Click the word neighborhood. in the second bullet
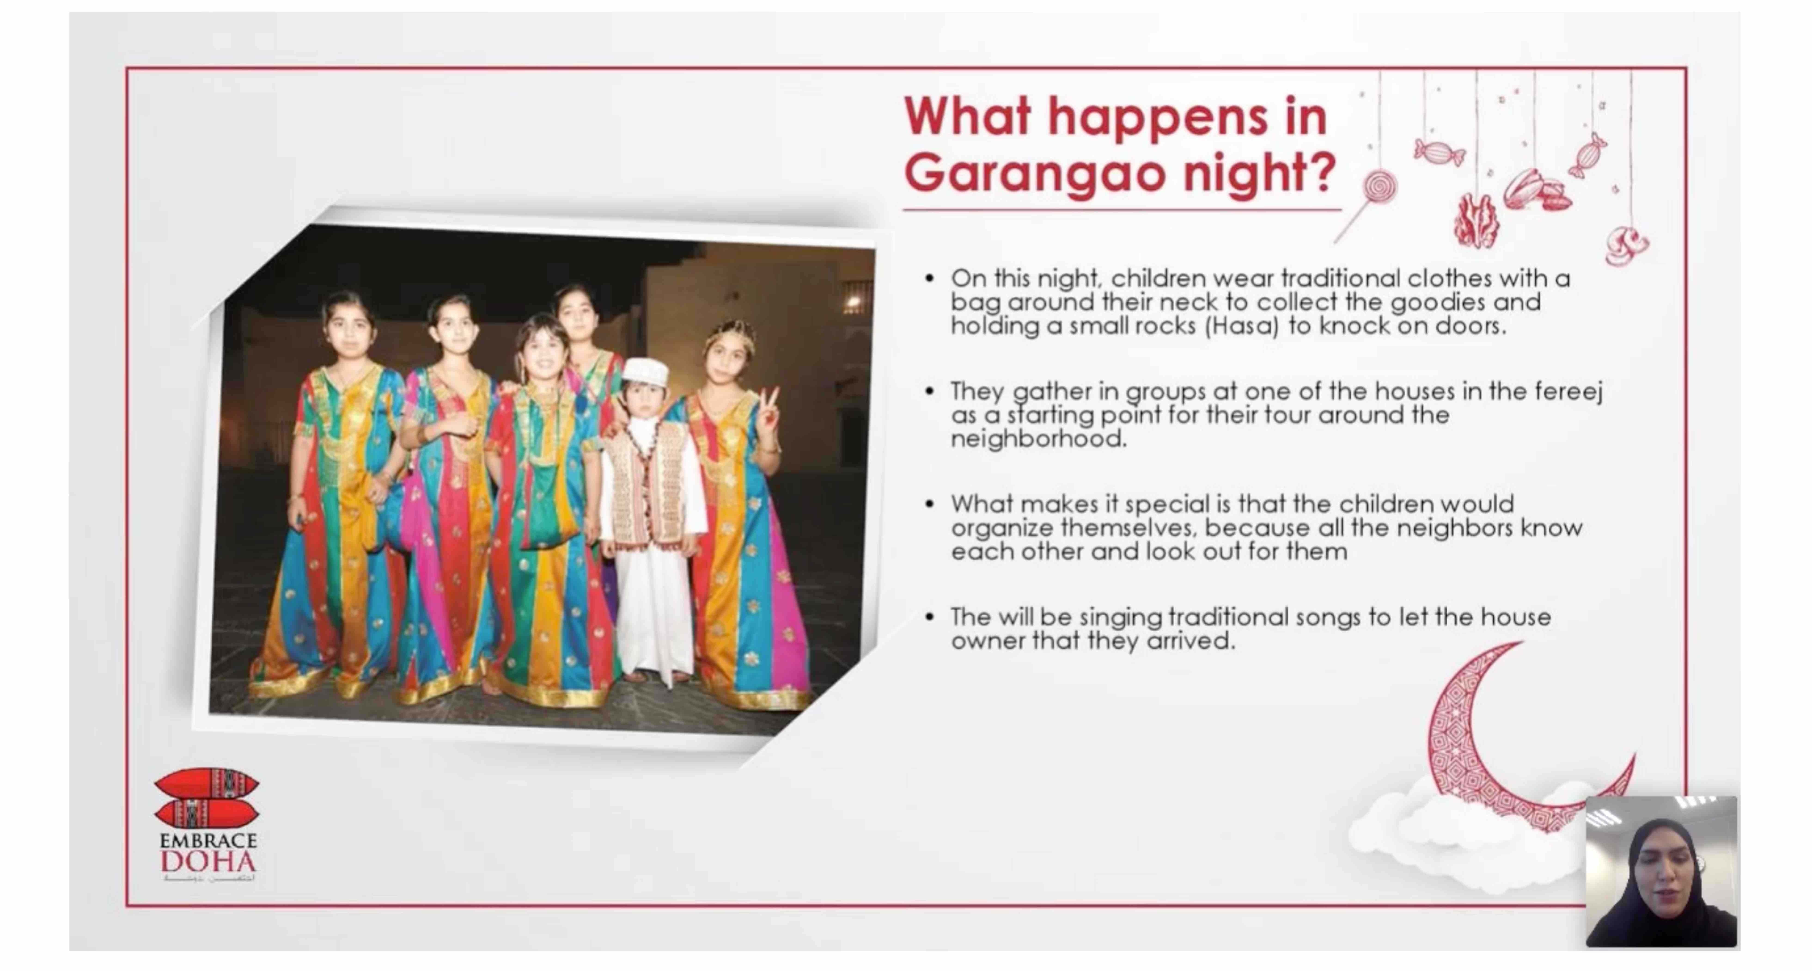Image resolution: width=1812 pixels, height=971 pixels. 1038,439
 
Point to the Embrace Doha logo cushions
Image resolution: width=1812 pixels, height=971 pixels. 206,798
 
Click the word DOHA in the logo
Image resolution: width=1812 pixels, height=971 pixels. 208,861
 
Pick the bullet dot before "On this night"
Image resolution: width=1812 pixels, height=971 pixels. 930,279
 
